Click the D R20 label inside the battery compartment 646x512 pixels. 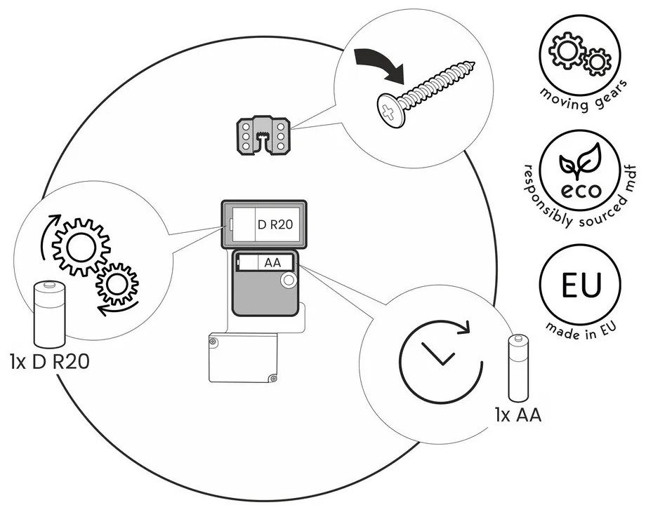pos(275,225)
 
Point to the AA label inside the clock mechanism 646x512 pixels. pos(272,263)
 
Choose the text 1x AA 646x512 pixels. pos(518,415)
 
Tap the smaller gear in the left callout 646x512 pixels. pos(117,284)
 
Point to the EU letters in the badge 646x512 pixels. pos(581,286)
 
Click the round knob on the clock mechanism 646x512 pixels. pos(287,282)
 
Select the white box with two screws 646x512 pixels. pos(243,358)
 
